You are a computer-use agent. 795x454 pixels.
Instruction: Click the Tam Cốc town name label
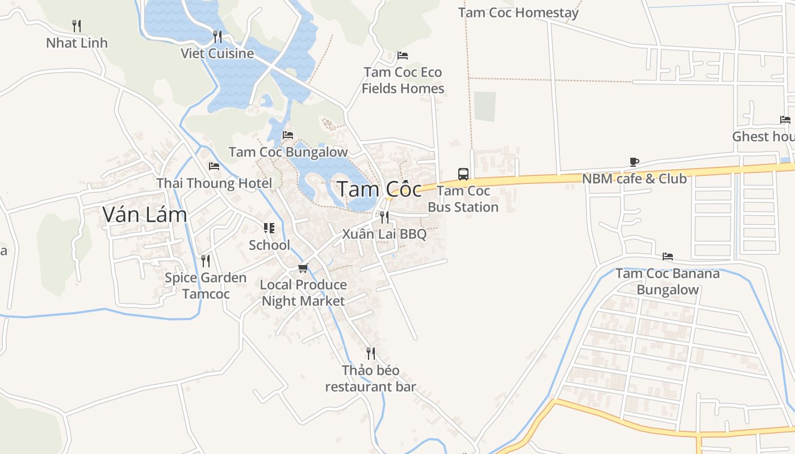coord(380,190)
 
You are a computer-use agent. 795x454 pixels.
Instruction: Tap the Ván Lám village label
coord(144,215)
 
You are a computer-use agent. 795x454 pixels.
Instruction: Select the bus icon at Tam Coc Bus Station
coord(463,174)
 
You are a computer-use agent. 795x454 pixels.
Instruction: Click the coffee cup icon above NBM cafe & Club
coord(634,162)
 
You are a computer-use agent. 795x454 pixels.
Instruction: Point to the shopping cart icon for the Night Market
coord(303,268)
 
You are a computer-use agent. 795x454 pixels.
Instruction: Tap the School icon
coord(269,228)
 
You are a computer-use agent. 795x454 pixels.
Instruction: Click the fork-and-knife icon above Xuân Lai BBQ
coord(384,217)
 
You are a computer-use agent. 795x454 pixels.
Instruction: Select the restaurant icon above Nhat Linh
coord(77,26)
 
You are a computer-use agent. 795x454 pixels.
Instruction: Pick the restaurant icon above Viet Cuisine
coord(217,37)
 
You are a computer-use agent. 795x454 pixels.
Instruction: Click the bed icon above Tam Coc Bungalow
coord(288,135)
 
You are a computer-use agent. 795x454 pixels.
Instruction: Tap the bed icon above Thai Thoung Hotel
coord(214,166)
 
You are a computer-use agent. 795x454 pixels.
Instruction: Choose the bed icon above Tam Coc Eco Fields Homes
coord(403,56)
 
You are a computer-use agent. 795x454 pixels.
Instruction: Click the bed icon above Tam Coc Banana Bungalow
coord(668,257)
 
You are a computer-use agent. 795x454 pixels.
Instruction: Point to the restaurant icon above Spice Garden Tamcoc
coord(206,261)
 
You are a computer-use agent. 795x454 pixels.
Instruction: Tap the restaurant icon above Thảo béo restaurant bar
coord(371,354)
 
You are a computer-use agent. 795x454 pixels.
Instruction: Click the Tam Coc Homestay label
coord(518,12)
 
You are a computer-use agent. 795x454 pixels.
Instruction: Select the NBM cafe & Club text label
coord(634,179)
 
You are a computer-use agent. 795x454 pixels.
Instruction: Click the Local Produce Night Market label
coord(303,293)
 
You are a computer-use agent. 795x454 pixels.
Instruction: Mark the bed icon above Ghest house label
coord(785,120)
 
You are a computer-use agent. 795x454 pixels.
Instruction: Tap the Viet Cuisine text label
coord(217,53)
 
